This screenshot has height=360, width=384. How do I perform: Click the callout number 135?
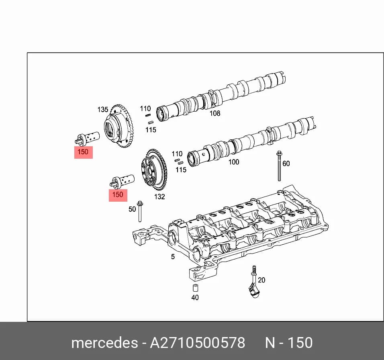pyautogui.click(x=102, y=109)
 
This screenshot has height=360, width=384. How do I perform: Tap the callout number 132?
pyautogui.click(x=159, y=196)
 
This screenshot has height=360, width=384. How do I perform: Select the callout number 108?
pyautogui.click(x=215, y=113)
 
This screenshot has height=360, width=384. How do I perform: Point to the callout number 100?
pyautogui.click(x=234, y=162)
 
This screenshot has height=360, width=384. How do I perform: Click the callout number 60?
pyautogui.click(x=286, y=164)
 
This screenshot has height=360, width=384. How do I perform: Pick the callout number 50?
pyautogui.click(x=132, y=209)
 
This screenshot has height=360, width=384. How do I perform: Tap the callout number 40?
pyautogui.click(x=195, y=298)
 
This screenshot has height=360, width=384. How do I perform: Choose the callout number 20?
pyautogui.click(x=261, y=280)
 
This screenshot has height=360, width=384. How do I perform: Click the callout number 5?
pyautogui.click(x=173, y=257)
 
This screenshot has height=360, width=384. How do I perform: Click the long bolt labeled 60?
pyautogui.click(x=279, y=166)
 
